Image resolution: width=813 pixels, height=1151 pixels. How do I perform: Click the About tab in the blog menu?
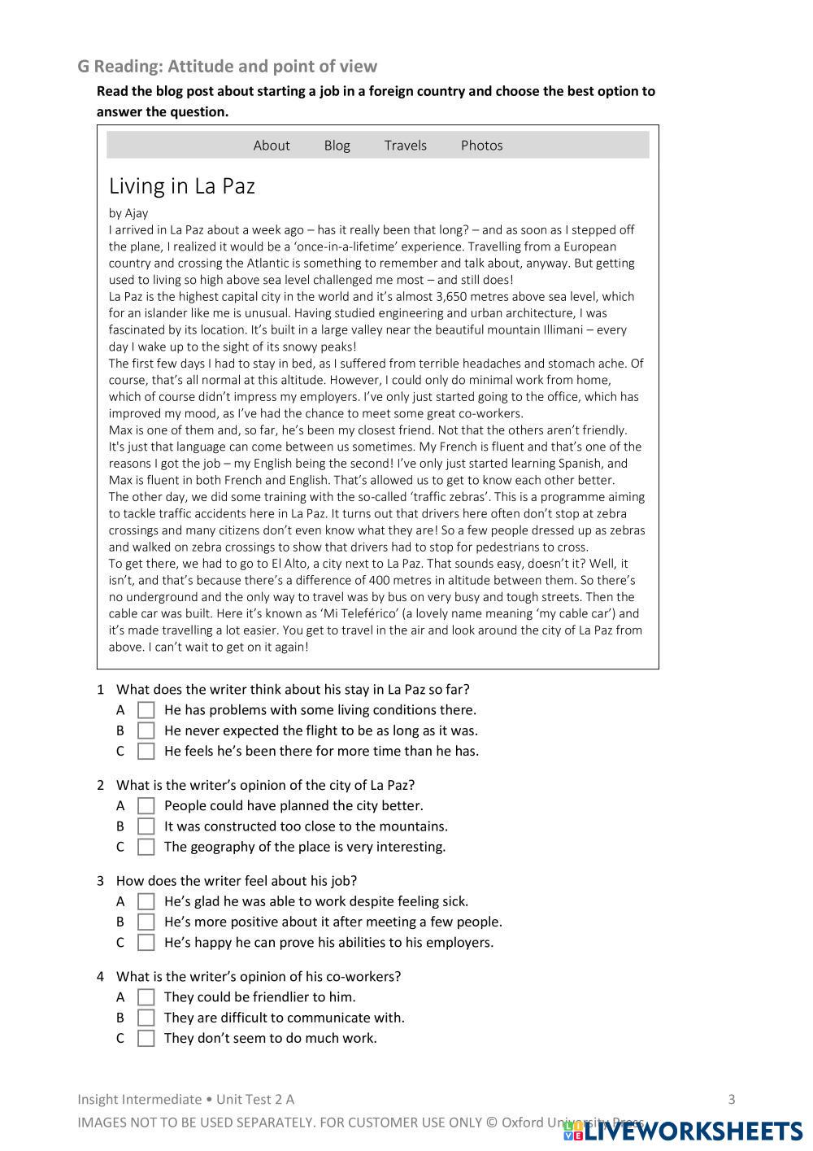pyautogui.click(x=271, y=146)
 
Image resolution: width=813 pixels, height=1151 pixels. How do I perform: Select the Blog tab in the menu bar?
pyautogui.click(x=337, y=146)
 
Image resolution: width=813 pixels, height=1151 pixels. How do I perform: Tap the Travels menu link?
pyautogui.click(x=405, y=146)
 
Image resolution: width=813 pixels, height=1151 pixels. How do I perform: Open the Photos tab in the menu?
pyautogui.click(x=481, y=146)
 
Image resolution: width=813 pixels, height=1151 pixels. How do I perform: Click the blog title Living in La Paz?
pyautogui.click(x=182, y=186)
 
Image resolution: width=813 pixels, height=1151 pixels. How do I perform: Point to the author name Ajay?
pyautogui.click(x=137, y=213)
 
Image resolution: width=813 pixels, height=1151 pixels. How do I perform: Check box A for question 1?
pyautogui.click(x=146, y=710)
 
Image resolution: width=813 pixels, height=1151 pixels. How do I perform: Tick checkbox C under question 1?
pyautogui.click(x=146, y=752)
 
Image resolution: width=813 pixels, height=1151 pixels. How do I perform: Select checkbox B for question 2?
pyautogui.click(x=146, y=826)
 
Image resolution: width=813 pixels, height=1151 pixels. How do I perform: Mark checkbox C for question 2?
pyautogui.click(x=146, y=847)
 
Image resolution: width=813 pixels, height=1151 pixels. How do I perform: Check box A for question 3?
pyautogui.click(x=146, y=901)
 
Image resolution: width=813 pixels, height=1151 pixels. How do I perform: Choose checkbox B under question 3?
pyautogui.click(x=146, y=922)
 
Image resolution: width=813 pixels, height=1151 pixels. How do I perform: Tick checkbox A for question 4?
pyautogui.click(x=146, y=997)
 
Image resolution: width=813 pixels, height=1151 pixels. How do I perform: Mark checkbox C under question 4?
pyautogui.click(x=146, y=1039)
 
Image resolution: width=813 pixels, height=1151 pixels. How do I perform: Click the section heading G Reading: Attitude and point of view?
pyautogui.click(x=228, y=67)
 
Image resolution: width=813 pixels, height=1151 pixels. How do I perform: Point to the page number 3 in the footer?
pyautogui.click(x=731, y=1100)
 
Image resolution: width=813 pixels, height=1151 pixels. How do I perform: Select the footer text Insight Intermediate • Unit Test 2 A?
pyautogui.click(x=186, y=1100)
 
